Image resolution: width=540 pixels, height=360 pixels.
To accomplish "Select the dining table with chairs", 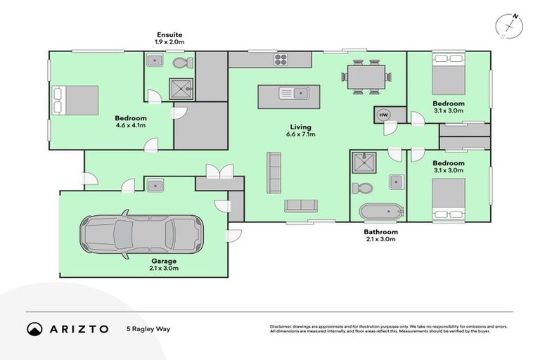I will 366,76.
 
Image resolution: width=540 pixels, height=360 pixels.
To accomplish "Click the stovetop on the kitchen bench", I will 281,60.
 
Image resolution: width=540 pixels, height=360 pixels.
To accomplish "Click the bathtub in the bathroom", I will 380,212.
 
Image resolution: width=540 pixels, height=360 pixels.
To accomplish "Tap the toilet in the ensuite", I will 181,63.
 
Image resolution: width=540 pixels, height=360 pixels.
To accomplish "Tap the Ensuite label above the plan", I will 169,34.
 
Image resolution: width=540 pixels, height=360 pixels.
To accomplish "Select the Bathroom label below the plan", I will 380,231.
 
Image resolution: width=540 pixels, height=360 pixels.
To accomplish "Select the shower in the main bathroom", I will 364,163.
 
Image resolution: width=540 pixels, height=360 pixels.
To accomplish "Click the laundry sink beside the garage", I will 155,185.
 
